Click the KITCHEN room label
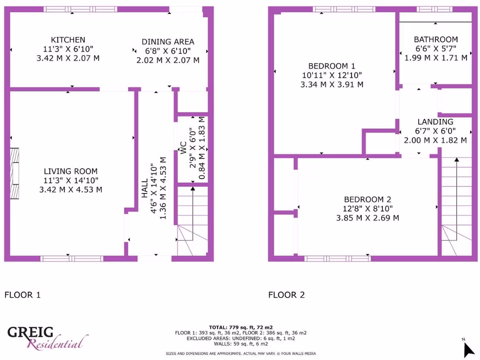[x=68, y=40]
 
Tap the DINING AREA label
[x=168, y=42]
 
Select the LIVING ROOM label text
[x=71, y=171]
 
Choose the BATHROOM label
[x=435, y=39]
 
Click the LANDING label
[x=435, y=122]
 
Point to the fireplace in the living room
[x=15, y=173]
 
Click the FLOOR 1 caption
[x=22, y=295]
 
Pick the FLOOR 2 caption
[x=286, y=295]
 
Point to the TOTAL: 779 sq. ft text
[x=240, y=327]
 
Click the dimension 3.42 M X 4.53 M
[x=71, y=190]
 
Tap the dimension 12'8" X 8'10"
[x=367, y=209]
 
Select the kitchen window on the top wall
[x=81, y=9]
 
